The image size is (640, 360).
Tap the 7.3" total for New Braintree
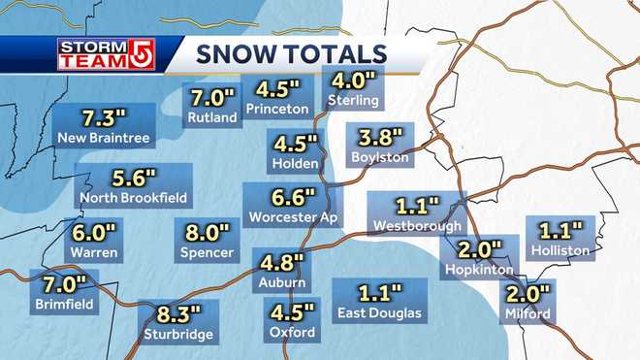click(x=104, y=118)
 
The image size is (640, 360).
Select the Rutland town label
click(x=211, y=118)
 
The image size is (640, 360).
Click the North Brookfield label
click(x=134, y=199)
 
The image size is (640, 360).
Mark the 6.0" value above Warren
click(x=94, y=233)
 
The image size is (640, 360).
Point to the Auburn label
click(x=282, y=282)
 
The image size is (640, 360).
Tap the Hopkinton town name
click(x=475, y=269)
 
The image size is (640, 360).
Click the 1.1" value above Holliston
click(x=560, y=231)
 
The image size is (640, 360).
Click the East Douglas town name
click(x=379, y=312)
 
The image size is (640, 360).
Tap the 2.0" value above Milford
click(x=528, y=293)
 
